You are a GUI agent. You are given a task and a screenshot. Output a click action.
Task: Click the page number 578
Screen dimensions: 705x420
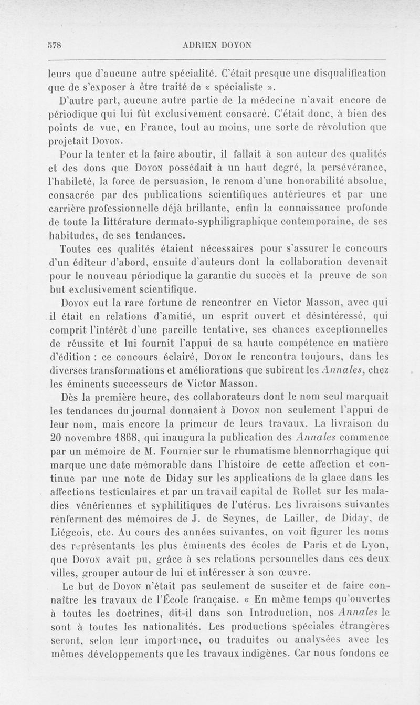pyautogui.click(x=55, y=45)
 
